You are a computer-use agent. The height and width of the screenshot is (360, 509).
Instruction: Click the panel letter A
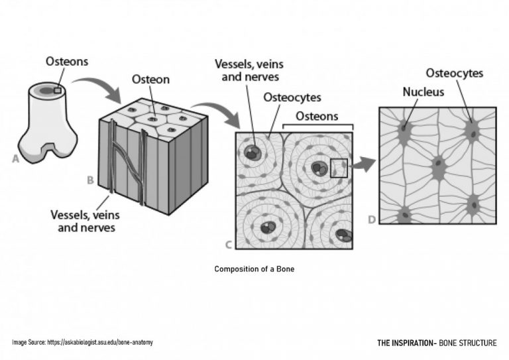15,158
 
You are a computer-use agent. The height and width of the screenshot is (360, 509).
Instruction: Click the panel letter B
91,179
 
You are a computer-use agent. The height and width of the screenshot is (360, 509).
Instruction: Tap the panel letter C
229,245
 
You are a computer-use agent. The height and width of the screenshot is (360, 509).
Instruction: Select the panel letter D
371,219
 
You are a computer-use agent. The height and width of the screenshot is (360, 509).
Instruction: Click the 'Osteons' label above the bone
67,61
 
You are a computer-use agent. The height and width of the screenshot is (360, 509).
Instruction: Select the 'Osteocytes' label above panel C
292,97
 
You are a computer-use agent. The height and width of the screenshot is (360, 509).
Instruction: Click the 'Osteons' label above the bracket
316,116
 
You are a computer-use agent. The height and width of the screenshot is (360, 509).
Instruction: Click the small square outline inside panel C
338,168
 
